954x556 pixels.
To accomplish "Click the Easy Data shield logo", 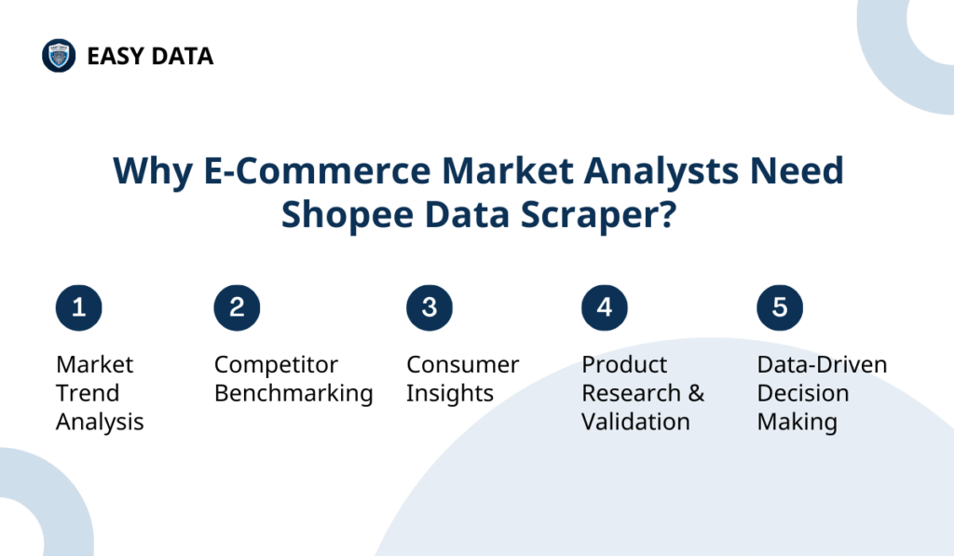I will click(59, 56).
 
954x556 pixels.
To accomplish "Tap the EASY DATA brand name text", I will click(150, 57).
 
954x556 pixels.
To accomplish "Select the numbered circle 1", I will click(79, 307).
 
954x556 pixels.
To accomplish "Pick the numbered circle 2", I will click(237, 307).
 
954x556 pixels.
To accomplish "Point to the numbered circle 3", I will click(429, 307).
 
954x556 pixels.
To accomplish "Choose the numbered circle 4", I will click(605, 307).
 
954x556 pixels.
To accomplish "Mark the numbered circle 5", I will click(780, 307).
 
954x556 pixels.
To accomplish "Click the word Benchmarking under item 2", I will click(293, 393).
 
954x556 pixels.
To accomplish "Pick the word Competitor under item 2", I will click(276, 364).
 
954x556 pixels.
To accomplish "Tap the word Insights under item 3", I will click(450, 393).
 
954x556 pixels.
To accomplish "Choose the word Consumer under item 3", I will click(463, 364).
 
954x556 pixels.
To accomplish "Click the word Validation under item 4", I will click(635, 422).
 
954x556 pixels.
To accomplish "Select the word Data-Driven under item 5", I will click(822, 364).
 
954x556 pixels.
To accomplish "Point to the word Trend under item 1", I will click(88, 393).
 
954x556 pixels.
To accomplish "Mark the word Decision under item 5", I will click(802, 393).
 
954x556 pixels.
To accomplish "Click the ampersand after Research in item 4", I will click(696, 393).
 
